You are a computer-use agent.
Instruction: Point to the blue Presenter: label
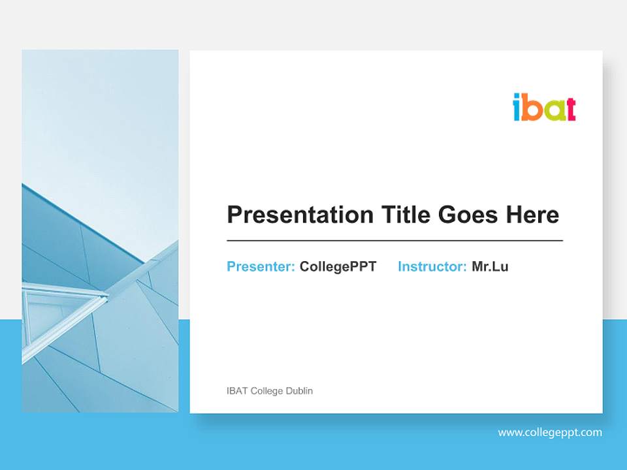(x=261, y=266)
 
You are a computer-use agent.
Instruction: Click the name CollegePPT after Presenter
(x=338, y=266)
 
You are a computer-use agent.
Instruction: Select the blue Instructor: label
(x=432, y=266)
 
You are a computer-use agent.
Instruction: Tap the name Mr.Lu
(x=490, y=266)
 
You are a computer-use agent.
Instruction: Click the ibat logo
(x=544, y=108)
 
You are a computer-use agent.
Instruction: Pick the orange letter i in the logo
(x=517, y=108)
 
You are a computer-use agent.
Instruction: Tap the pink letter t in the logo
(x=570, y=109)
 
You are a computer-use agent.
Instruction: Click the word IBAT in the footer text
(x=237, y=391)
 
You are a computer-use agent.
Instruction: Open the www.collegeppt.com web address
(x=550, y=432)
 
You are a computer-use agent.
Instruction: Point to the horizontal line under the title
(x=394, y=241)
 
